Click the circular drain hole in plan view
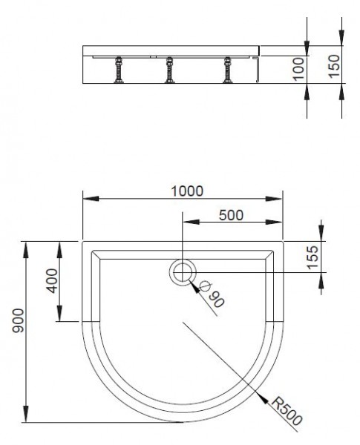(181, 274)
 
